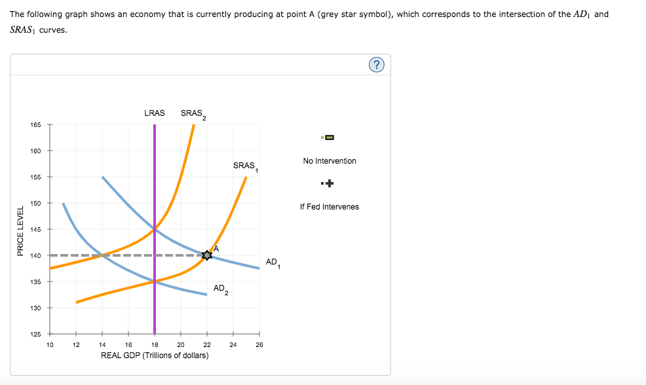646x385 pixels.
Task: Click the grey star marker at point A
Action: coord(207,255)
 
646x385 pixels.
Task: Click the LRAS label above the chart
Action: coord(155,113)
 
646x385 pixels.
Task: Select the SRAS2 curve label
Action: coord(193,114)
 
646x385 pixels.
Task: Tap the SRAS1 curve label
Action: coord(245,166)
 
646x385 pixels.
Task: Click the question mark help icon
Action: coord(377,64)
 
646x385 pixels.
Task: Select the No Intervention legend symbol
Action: coord(329,137)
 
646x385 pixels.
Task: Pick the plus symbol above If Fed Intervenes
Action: coord(329,183)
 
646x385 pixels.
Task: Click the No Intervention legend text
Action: coord(330,161)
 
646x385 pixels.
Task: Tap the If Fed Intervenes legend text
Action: coord(330,207)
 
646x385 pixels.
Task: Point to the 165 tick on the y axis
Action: coord(35,124)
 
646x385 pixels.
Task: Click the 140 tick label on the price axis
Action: coord(35,255)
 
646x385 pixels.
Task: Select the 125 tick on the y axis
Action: coord(35,334)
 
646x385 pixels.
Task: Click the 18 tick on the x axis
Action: coord(155,344)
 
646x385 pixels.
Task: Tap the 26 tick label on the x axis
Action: coord(259,344)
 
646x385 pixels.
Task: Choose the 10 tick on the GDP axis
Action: coord(50,344)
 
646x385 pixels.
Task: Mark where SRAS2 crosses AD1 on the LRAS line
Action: coord(155,229)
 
